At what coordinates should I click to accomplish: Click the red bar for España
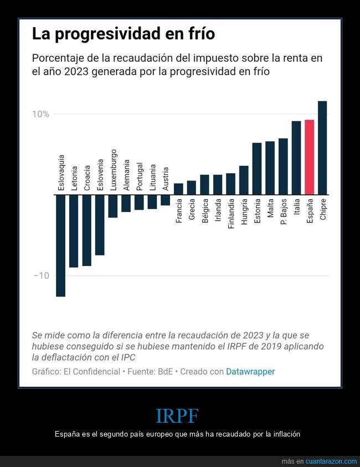[x=309, y=157]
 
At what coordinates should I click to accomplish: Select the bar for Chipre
[x=322, y=148]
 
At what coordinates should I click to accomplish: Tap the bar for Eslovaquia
[x=60, y=245]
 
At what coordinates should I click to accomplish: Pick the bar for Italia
[x=296, y=158]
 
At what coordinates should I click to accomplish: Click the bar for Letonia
[x=74, y=231]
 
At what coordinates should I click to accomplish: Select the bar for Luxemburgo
[x=113, y=206]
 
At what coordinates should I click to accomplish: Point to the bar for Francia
[x=178, y=189]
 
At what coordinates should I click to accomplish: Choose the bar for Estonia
[x=257, y=169]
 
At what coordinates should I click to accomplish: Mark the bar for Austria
[x=165, y=200]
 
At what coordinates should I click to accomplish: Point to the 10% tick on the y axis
[x=40, y=114]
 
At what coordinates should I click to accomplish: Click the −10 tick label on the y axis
[x=42, y=276]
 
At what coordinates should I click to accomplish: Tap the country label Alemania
[x=126, y=175]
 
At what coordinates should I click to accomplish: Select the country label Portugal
[x=140, y=177]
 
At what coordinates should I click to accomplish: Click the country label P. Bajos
[x=283, y=211]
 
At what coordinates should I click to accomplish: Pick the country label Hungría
[x=244, y=211]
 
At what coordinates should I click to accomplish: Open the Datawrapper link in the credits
[x=250, y=371]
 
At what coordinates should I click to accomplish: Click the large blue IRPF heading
[x=177, y=416]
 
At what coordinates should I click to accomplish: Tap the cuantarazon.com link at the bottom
[x=331, y=461]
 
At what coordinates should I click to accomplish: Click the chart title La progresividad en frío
[x=123, y=34]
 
